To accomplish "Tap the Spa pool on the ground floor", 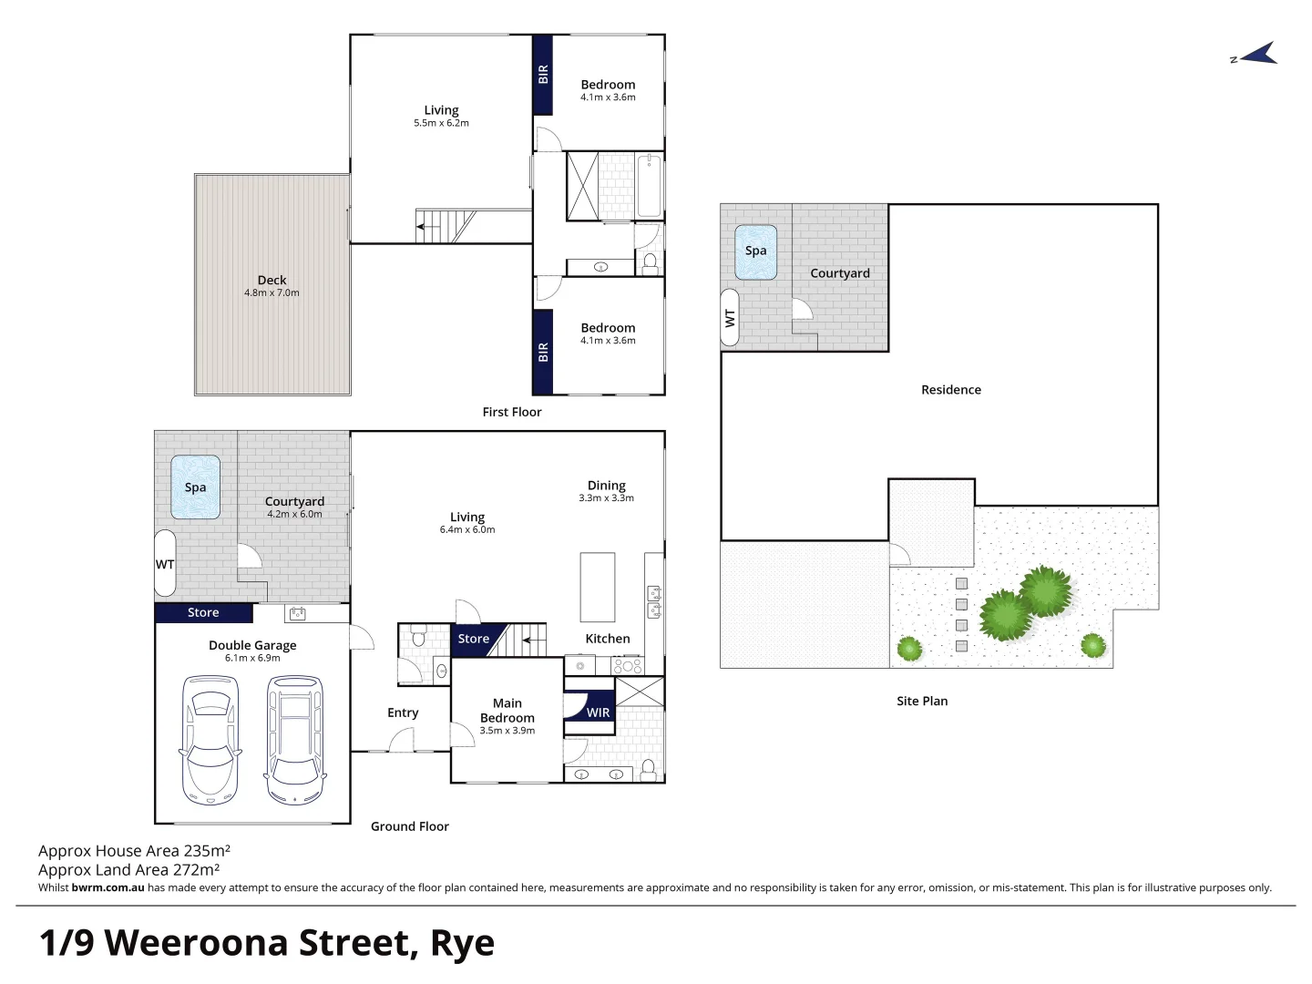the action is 196,487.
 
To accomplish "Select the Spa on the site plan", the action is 755,251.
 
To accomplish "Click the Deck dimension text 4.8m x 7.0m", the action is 272,292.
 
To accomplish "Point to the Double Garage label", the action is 252,645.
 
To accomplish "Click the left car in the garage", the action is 210,740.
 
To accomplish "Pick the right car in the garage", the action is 294,740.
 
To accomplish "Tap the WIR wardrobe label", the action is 598,712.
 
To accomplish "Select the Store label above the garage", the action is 203,612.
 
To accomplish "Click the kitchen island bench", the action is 597,588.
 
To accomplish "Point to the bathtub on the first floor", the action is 649,185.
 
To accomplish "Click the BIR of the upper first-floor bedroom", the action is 543,75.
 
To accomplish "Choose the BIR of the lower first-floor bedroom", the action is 543,352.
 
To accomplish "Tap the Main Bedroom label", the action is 507,711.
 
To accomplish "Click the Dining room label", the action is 606,485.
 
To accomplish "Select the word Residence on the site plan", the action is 951,390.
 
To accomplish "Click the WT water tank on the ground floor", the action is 165,563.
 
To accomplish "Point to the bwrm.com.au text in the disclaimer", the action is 108,887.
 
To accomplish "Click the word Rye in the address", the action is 462,943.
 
